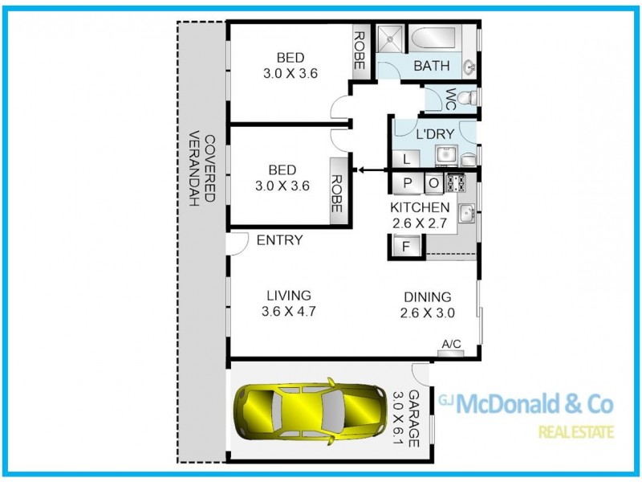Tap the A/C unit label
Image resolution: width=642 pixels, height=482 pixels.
(x=451, y=345)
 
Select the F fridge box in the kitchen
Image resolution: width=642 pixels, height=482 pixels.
(x=405, y=247)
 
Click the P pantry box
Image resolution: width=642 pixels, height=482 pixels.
(x=408, y=183)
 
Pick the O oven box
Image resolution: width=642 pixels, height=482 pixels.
(x=433, y=183)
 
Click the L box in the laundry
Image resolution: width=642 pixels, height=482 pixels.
(x=407, y=157)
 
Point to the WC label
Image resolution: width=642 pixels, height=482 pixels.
(x=451, y=99)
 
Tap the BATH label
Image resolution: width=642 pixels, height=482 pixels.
(x=431, y=66)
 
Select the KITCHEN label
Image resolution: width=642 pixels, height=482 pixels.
(x=420, y=208)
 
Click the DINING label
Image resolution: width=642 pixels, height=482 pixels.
(x=428, y=296)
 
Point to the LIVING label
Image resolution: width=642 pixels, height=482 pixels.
(x=288, y=296)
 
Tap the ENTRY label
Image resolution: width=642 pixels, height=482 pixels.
(x=280, y=239)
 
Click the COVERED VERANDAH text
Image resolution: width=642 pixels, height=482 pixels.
(x=202, y=171)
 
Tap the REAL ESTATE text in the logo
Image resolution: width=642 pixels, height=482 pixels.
(x=575, y=432)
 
